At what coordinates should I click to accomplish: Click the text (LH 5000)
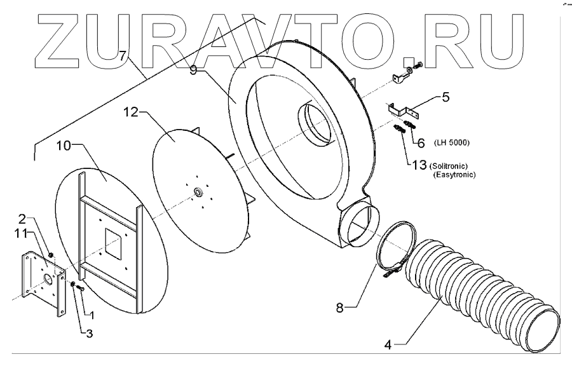453,140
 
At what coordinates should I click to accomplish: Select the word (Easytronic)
454,174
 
